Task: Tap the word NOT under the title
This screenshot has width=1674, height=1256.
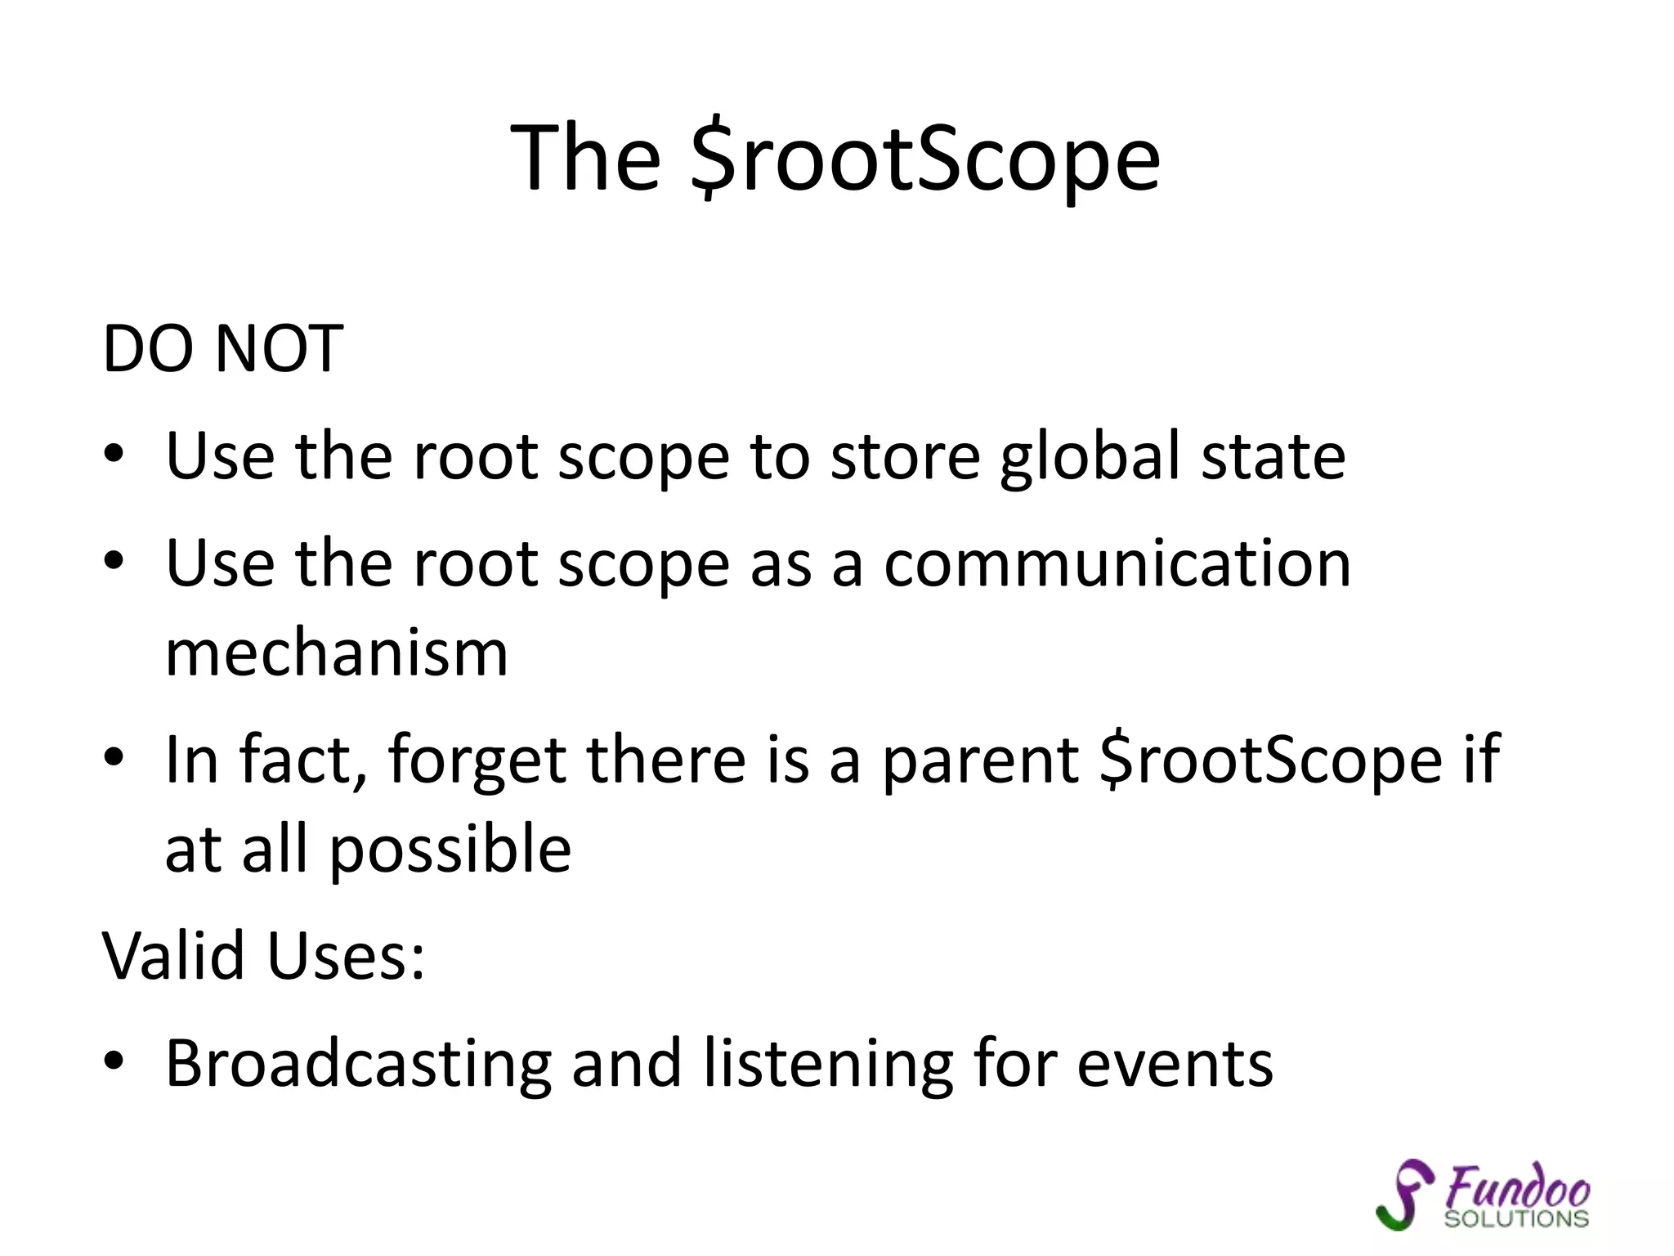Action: point(279,349)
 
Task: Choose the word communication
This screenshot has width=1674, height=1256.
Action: point(1117,563)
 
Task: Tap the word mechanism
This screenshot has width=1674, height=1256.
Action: point(337,653)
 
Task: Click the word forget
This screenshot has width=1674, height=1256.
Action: point(477,760)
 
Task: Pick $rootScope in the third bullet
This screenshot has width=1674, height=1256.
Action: point(1271,760)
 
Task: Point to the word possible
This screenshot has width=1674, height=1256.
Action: point(450,850)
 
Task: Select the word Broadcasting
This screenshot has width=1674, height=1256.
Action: point(358,1064)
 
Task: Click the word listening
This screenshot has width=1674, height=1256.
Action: point(828,1064)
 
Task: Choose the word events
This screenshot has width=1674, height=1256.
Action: point(1175,1064)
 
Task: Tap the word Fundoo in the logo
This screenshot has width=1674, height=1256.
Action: point(1518,1186)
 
